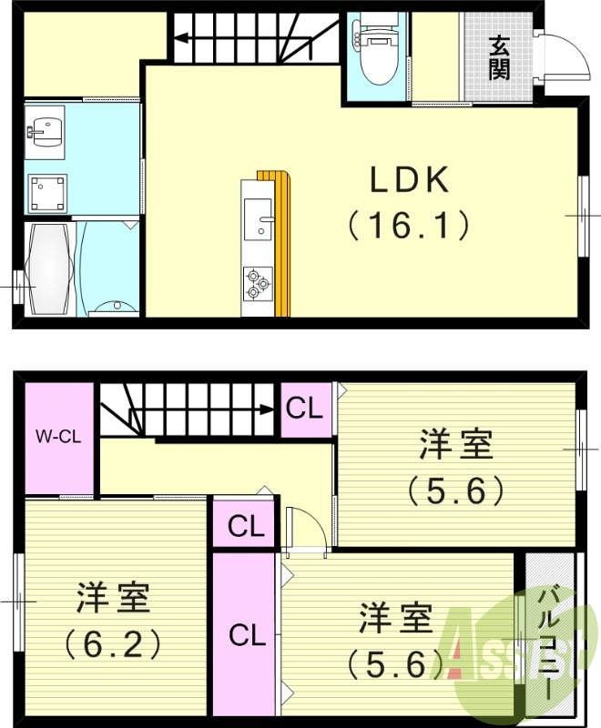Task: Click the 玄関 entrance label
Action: click(x=498, y=57)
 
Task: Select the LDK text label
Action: click(x=410, y=179)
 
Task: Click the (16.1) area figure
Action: click(x=409, y=226)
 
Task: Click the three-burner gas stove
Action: click(x=258, y=283)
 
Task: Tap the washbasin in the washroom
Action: click(x=45, y=133)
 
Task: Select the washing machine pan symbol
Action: click(x=47, y=194)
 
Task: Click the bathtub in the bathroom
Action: click(x=50, y=269)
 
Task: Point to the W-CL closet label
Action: click(x=58, y=437)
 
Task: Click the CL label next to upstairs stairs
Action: click(x=304, y=409)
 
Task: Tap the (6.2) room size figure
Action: click(x=113, y=644)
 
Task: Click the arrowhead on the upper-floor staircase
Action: click(x=267, y=409)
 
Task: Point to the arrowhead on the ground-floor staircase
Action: click(x=181, y=37)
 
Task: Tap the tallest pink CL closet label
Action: click(x=247, y=634)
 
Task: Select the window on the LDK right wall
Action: click(x=583, y=216)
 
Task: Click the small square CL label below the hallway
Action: click(x=246, y=526)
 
